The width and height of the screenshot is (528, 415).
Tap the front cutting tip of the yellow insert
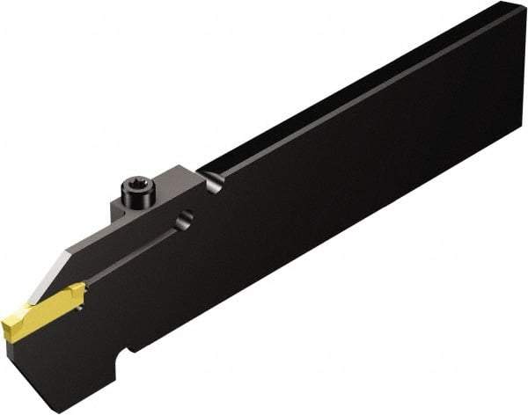(7, 331)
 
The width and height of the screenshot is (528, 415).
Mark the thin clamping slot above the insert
(132, 255)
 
